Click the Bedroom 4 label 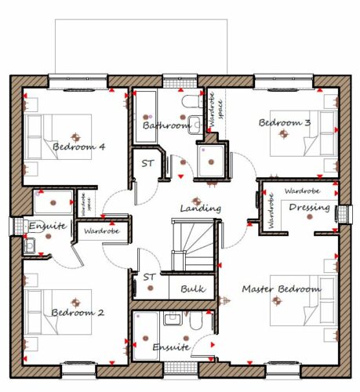point(78,147)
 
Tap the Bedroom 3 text point(285,122)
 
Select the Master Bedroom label point(282,289)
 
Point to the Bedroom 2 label point(78,313)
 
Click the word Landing point(201,209)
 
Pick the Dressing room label point(309,208)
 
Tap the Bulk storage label point(193,289)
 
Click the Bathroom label point(166,125)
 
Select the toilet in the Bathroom point(192,102)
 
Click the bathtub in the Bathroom point(146,117)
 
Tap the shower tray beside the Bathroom point(211,161)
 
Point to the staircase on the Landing point(193,245)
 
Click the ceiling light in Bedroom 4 point(75,137)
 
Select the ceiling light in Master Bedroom point(277,301)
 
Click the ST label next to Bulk point(150,277)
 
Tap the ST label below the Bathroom point(147,163)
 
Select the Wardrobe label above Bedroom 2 point(102,231)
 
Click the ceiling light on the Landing point(196,201)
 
